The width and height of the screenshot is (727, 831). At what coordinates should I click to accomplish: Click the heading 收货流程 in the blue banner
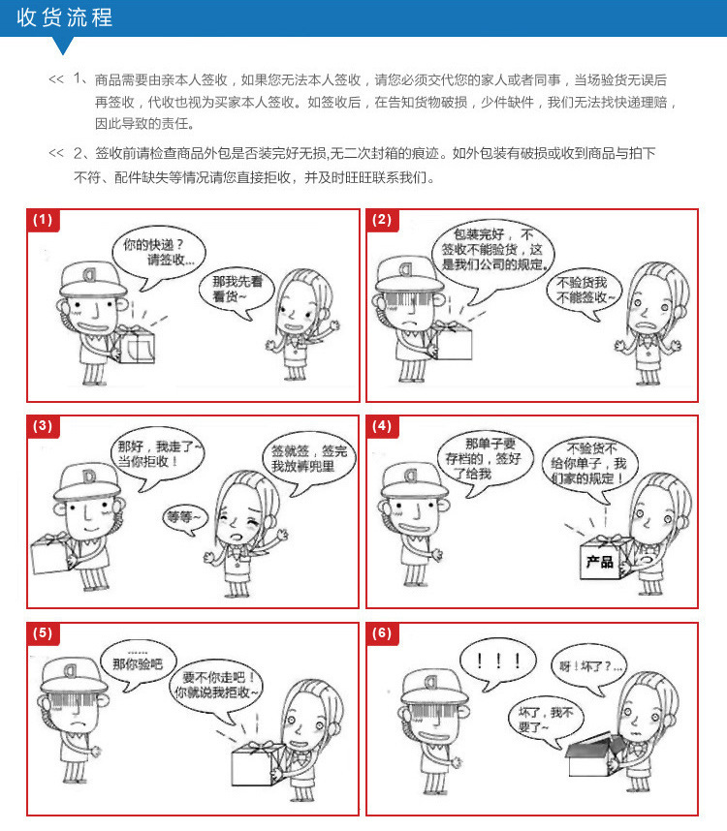pyautogui.click(x=64, y=17)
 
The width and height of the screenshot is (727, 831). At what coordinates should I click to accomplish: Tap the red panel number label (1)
pyautogui.click(x=43, y=220)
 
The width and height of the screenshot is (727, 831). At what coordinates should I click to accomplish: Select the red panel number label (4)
pyautogui.click(x=382, y=426)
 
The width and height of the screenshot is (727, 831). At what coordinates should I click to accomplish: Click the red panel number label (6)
pyautogui.click(x=382, y=632)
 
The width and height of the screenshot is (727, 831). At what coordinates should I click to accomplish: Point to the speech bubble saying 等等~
pyautogui.click(x=185, y=519)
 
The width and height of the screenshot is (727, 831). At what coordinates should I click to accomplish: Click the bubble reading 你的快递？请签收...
pyautogui.click(x=159, y=253)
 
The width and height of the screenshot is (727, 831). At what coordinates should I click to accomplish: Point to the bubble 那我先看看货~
pyautogui.click(x=237, y=290)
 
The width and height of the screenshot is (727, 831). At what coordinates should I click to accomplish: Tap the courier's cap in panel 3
pyautogui.click(x=86, y=481)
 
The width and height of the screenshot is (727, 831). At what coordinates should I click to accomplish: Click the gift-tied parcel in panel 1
pyautogui.click(x=135, y=344)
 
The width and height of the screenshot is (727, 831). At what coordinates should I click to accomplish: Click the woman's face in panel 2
pyautogui.click(x=649, y=309)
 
